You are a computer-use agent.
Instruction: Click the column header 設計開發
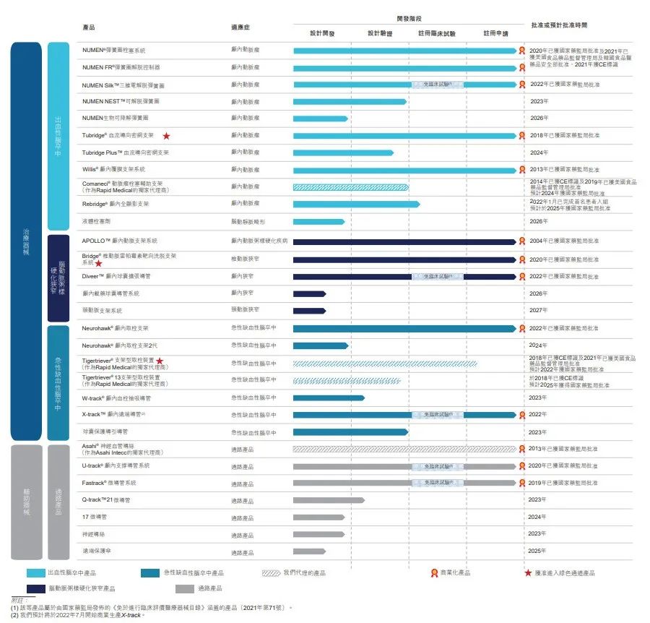(322, 33)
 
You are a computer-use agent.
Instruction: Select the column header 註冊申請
(495, 33)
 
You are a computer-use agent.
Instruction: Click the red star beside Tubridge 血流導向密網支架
(167, 135)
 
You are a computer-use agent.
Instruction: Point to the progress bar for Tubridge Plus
(343, 152)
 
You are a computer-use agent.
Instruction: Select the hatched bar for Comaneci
(350, 186)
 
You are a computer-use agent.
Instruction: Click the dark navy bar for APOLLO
(404, 241)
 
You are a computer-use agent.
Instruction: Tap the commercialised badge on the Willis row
(521, 170)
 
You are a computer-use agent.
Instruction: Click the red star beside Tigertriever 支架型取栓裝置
(160, 360)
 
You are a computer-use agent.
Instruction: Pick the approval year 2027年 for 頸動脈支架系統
(539, 310)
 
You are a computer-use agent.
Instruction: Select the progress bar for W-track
(329, 398)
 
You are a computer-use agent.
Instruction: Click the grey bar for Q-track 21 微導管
(329, 499)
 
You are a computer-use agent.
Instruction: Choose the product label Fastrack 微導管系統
(109, 483)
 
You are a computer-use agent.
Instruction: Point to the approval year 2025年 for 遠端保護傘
(539, 551)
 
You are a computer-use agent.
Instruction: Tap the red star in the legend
(528, 573)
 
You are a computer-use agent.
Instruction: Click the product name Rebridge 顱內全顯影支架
(116, 204)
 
